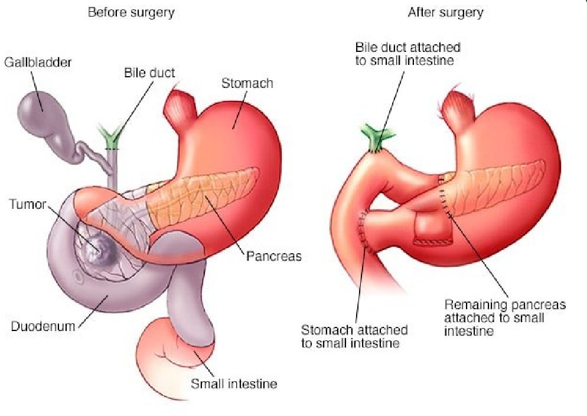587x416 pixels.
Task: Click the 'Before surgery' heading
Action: click(x=131, y=12)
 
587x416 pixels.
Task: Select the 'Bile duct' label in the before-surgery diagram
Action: click(x=149, y=73)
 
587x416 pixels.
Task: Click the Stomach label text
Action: click(x=247, y=83)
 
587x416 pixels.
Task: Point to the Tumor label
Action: click(x=27, y=204)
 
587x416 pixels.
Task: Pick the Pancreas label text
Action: click(x=273, y=256)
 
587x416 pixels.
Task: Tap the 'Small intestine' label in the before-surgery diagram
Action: click(x=233, y=384)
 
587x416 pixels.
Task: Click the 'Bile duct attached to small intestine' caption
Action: click(x=407, y=54)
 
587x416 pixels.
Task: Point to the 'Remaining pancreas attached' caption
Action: click(x=504, y=317)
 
